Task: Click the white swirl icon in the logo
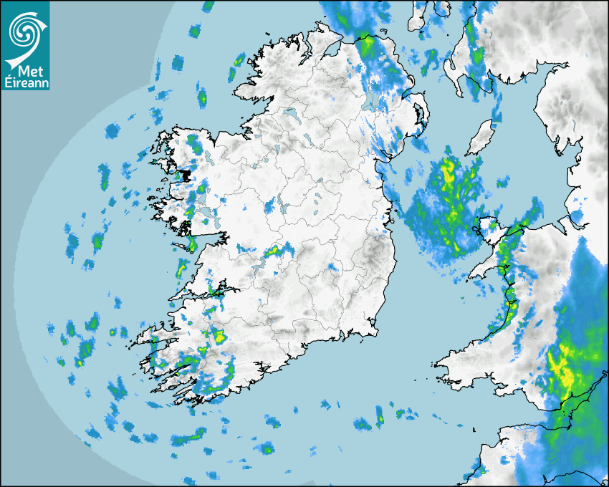tap(24, 31)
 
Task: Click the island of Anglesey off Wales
tap(489, 231)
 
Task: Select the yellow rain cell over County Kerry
tap(219, 334)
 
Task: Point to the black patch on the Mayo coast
tap(186, 174)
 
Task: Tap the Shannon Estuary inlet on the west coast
tap(201, 294)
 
